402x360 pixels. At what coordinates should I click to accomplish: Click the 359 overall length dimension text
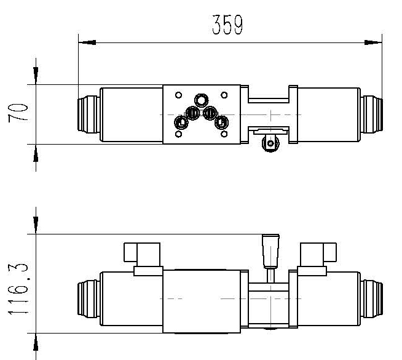(227, 25)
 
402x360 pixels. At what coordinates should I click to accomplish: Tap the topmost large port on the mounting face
(200, 100)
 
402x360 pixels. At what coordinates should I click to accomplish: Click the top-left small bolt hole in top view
(178, 95)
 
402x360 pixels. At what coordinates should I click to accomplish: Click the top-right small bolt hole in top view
(224, 95)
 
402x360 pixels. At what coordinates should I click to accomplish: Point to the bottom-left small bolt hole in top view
(178, 134)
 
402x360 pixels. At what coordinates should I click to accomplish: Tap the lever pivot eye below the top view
(269, 143)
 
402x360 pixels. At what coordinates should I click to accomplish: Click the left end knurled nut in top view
(87, 114)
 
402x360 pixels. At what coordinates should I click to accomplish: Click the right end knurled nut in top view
(371, 114)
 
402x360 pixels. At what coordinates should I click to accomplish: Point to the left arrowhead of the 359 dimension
(87, 42)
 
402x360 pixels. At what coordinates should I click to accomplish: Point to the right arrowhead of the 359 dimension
(374, 42)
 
